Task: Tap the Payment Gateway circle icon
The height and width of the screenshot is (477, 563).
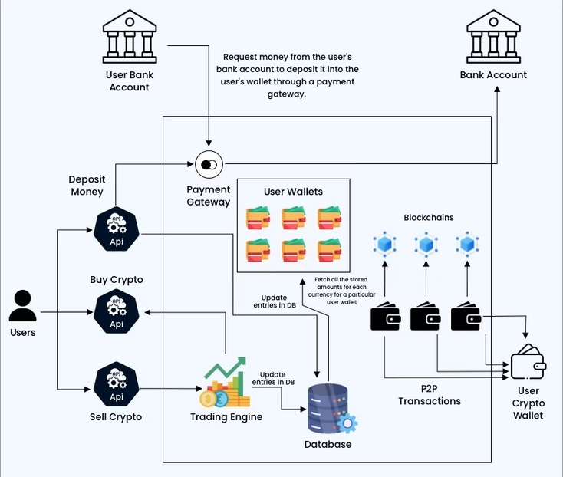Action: point(208,164)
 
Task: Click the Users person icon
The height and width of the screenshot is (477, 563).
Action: point(22,305)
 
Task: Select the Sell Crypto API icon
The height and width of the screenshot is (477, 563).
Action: point(116,384)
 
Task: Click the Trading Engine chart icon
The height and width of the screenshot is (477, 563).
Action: point(226,383)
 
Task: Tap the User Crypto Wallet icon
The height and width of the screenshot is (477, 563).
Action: point(528,360)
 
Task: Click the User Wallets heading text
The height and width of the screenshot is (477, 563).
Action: point(293,191)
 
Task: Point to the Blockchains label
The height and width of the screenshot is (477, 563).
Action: point(429,218)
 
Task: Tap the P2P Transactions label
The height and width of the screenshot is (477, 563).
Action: point(430,394)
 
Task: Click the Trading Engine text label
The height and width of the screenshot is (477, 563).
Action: point(226,417)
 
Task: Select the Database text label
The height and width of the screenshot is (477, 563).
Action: point(328,445)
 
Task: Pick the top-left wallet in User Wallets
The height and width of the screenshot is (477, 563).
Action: point(257,218)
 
